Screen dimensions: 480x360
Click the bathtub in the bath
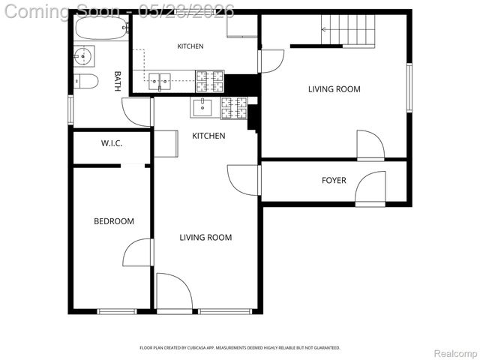102,28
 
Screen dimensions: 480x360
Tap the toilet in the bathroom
86,81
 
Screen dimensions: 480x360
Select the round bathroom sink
83,56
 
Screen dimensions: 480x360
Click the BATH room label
117,81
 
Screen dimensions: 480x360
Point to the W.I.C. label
112,143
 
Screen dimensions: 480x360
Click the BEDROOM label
114,221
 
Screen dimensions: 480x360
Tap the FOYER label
334,180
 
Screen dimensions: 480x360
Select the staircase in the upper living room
348,31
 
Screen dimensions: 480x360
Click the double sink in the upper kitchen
160,82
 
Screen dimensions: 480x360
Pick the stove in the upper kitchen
210,81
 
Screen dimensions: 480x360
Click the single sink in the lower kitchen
202,108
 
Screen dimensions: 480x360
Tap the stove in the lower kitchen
234,108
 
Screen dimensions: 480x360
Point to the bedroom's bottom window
117,311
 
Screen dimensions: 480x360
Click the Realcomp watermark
456,353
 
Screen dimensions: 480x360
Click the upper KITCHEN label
190,46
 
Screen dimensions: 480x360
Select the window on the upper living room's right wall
409,88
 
